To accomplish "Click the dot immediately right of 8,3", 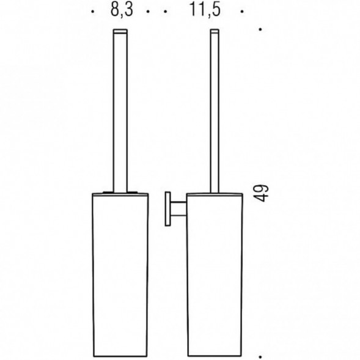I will [x=149, y=12].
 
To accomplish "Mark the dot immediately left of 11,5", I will [x=164, y=12].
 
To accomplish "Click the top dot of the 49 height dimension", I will [x=262, y=29].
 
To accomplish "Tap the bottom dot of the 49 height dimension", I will [x=262, y=354].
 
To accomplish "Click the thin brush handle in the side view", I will [x=216, y=110].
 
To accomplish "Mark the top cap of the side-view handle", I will [x=216, y=30].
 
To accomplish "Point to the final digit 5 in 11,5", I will [x=218, y=11].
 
